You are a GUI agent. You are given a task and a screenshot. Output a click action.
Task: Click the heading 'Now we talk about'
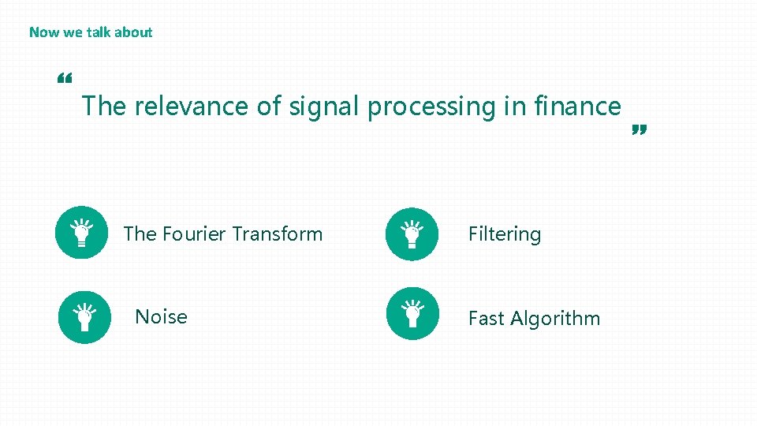pos(91,32)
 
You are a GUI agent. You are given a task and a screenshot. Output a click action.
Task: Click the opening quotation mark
pos(65,79)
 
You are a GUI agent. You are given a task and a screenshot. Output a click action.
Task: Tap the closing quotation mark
pos(640,130)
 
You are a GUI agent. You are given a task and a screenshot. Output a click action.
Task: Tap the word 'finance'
pos(577,106)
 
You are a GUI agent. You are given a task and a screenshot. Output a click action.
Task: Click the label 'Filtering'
pos(505,234)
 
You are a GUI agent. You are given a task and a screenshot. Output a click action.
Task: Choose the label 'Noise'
pos(161,317)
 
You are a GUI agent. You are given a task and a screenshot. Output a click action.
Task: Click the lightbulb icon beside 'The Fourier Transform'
pos(82,233)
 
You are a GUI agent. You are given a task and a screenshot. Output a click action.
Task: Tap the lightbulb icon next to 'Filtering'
pos(412,234)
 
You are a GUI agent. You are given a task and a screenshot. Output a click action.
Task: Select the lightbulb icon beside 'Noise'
pos(85,317)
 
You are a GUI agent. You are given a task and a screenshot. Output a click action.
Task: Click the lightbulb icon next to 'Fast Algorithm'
pos(412,313)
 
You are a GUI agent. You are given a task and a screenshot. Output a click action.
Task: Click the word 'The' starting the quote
pos(104,106)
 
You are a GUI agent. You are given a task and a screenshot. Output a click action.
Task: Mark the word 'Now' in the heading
pos(43,32)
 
